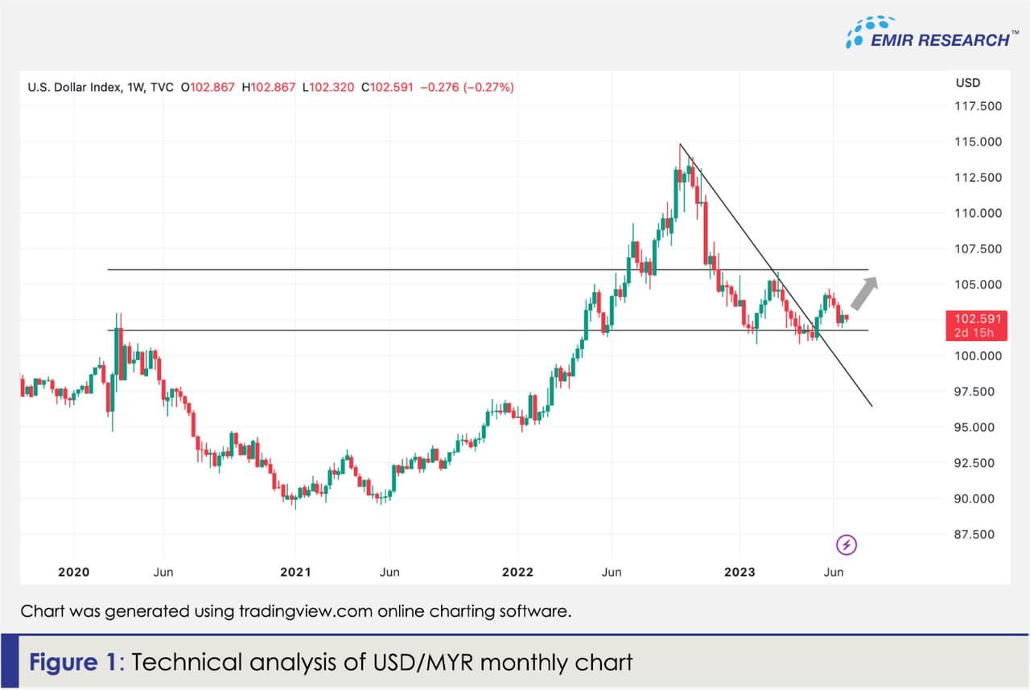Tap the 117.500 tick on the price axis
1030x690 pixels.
[978, 106]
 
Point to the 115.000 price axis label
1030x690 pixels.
[978, 142]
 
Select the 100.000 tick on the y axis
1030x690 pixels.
[978, 356]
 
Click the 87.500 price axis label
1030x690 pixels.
[978, 535]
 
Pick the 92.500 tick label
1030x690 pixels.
[978, 463]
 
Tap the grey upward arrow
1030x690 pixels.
[864, 293]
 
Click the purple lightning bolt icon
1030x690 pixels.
[847, 545]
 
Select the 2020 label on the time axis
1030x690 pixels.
[74, 572]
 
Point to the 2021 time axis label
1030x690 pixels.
[295, 572]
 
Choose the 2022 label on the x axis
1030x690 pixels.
[517, 572]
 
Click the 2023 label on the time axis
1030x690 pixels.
[740, 572]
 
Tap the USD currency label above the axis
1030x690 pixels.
[967, 83]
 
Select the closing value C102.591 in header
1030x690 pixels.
[387, 87]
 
